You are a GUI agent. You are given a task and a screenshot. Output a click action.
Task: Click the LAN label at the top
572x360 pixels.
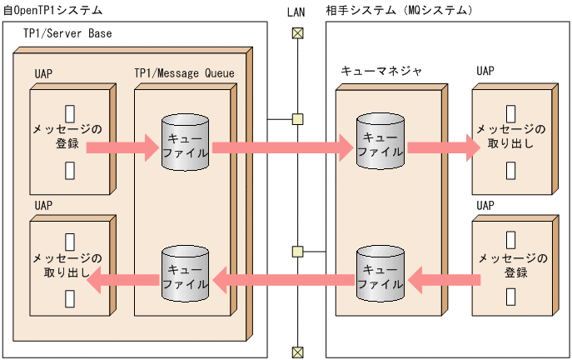(296, 11)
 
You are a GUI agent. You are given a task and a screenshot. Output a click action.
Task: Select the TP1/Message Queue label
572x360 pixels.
(184, 73)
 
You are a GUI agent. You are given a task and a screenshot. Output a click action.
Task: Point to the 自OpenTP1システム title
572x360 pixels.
(52, 11)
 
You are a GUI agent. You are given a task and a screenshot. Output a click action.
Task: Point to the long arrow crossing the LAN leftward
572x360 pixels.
(283, 278)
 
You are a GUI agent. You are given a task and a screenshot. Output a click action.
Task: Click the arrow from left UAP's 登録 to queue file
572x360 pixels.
(121, 148)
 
